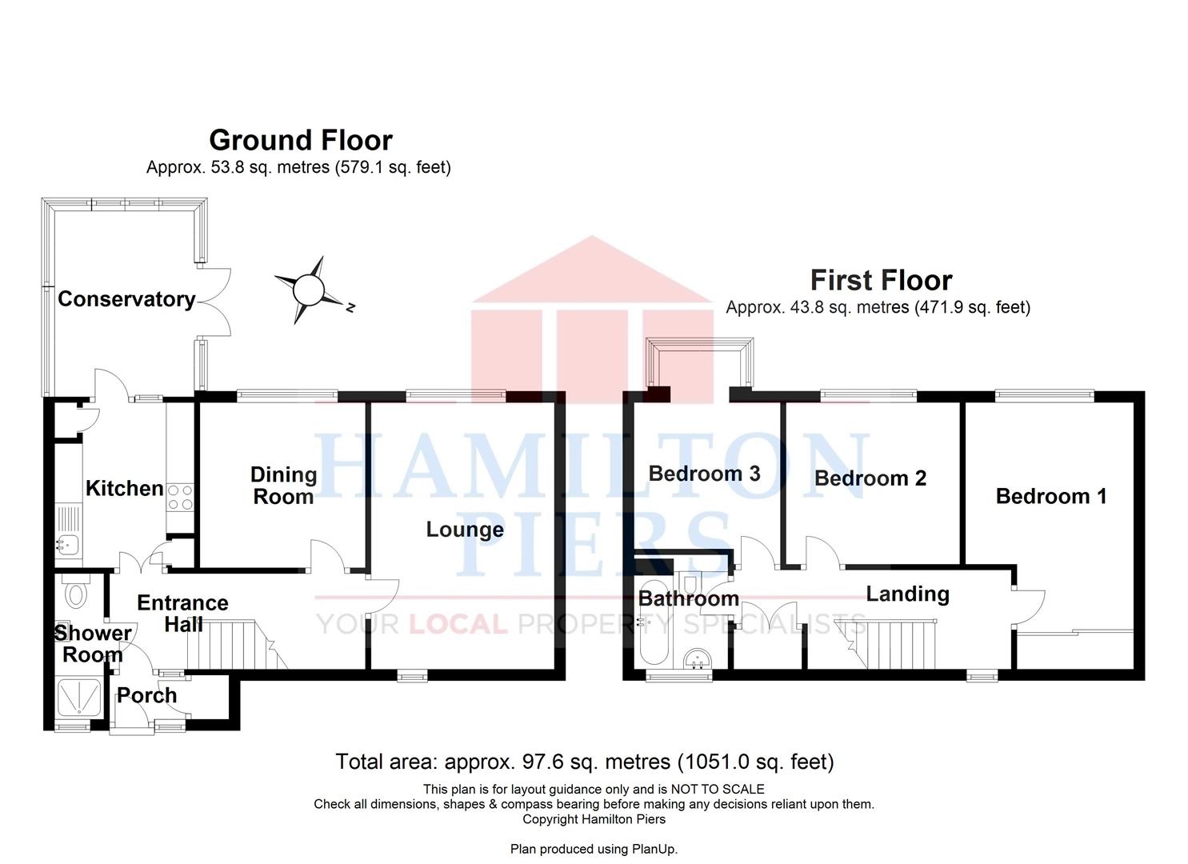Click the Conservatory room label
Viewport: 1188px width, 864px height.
pos(126,300)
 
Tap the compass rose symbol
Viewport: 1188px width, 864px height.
pos(309,290)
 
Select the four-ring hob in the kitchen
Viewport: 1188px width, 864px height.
pos(180,498)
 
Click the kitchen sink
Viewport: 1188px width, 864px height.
pos(69,544)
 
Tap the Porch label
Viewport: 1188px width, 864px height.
pos(147,695)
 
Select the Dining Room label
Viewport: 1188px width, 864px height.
pos(284,486)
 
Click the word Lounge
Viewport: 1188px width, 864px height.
pos(465,530)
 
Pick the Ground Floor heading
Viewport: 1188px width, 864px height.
pos(301,141)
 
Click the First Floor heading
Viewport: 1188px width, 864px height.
pos(882,280)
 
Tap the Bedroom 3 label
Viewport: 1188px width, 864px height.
pos(704,474)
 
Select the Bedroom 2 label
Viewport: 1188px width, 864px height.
pos(870,478)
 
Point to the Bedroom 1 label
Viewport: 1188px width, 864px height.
pos(1051,497)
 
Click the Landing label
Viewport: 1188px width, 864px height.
pos(907,594)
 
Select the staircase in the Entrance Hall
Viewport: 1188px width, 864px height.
pos(238,645)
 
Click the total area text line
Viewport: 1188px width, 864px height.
pos(585,762)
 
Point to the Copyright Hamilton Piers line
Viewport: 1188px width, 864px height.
pos(594,819)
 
